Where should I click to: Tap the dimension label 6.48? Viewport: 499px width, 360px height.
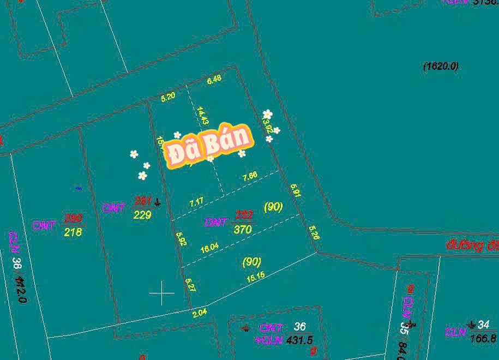pyautogui.click(x=214, y=79)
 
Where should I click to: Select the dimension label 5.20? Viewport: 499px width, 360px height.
pyautogui.click(x=168, y=97)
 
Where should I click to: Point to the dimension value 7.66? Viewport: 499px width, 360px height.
pyautogui.click(x=250, y=176)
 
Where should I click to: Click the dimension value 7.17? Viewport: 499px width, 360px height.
pyautogui.click(x=196, y=202)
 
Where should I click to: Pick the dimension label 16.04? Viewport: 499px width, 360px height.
pyautogui.click(x=209, y=247)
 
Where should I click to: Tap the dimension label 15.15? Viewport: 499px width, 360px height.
pyautogui.click(x=256, y=276)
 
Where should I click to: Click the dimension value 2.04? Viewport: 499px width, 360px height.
pyautogui.click(x=200, y=314)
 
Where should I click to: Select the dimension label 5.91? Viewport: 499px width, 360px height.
pyautogui.click(x=296, y=190)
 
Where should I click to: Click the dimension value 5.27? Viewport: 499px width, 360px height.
pyautogui.click(x=190, y=284)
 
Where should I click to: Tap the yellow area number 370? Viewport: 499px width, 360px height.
pyautogui.click(x=242, y=230)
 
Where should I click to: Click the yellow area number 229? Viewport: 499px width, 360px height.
pyautogui.click(x=142, y=215)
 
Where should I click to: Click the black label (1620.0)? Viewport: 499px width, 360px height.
pyautogui.click(x=441, y=67)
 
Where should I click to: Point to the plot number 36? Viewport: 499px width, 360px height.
pyautogui.click(x=299, y=326)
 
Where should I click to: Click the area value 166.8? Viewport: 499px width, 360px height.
pyautogui.click(x=483, y=338)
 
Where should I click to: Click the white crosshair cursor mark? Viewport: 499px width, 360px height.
pyautogui.click(x=162, y=293)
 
